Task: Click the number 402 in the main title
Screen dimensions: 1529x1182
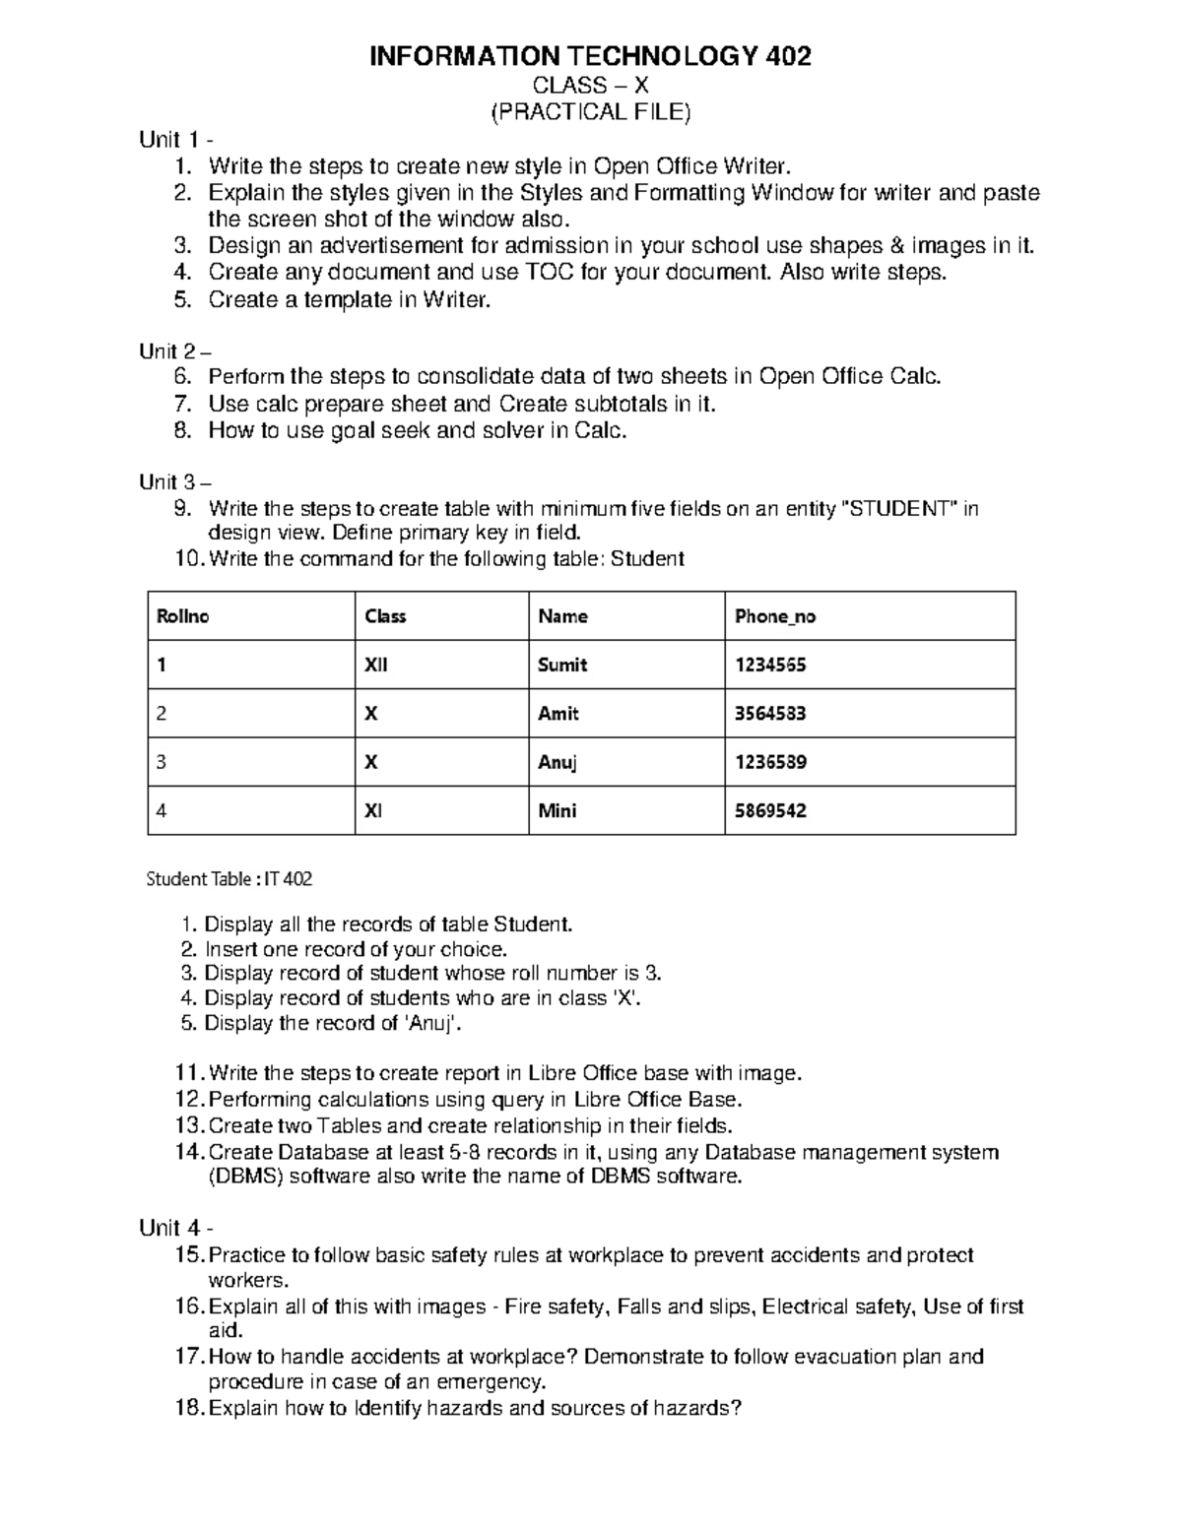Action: tap(787, 57)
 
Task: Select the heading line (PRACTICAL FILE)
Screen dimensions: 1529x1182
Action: tap(591, 112)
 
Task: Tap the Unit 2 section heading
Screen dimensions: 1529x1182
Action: tap(174, 351)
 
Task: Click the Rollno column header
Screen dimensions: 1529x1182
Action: tap(183, 616)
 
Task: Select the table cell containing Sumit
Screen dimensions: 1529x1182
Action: tap(562, 665)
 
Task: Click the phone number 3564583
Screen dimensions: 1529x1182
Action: tap(770, 714)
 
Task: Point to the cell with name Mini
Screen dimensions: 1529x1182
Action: tap(558, 811)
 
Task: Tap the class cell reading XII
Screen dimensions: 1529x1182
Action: tap(376, 665)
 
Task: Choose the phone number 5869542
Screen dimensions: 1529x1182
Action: tap(770, 811)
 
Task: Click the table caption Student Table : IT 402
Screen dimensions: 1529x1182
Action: tap(229, 879)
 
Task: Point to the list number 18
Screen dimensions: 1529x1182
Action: tap(189, 1408)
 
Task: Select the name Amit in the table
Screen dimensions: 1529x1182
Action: tap(558, 714)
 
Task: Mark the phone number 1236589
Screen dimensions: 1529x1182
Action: tap(770, 762)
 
